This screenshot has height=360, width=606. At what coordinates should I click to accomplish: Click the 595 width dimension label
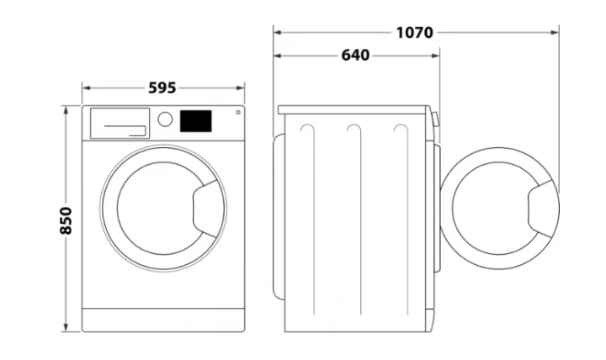162,88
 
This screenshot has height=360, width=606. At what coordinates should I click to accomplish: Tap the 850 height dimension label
66,220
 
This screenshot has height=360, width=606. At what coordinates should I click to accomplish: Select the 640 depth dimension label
355,56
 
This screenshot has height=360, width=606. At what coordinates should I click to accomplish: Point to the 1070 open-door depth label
415,33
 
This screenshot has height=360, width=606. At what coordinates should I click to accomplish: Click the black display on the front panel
195,121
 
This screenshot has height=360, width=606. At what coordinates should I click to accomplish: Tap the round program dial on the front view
165,119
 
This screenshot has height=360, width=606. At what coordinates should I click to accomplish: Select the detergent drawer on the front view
120,123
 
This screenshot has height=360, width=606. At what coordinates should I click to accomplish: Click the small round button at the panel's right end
238,113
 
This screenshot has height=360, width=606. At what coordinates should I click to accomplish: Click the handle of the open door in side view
542,209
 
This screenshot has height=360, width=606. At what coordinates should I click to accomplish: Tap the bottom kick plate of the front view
163,320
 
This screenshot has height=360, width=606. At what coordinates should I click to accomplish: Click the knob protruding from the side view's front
436,119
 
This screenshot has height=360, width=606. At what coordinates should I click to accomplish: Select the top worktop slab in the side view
353,109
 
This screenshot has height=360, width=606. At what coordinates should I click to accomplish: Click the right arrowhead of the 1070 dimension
555,33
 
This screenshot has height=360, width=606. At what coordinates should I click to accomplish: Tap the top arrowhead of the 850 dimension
66,109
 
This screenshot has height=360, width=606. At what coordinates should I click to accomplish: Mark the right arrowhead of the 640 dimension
435,56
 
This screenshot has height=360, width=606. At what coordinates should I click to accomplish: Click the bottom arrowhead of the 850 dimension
66,327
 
